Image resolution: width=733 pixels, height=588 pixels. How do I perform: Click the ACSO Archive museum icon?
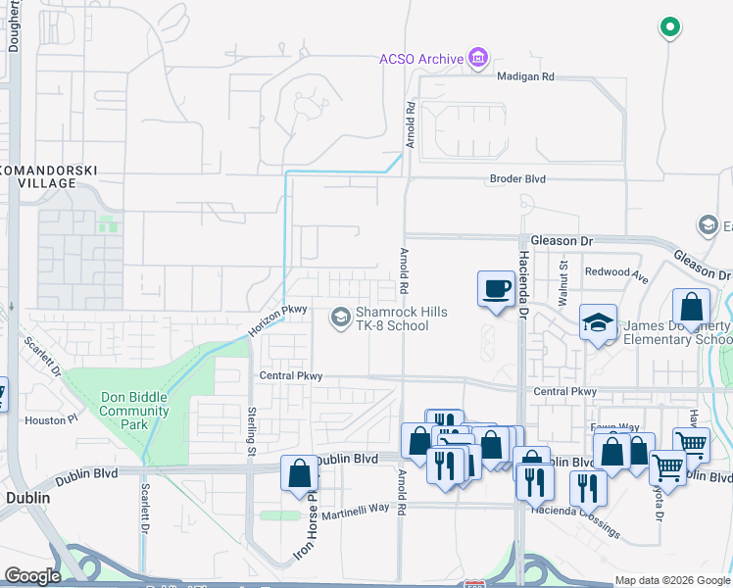pos(476,59)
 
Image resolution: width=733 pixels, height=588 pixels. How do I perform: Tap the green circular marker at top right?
pos(669,27)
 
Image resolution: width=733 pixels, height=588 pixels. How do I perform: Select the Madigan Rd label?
pos(525,76)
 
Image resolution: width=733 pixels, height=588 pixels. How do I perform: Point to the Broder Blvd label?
pos(517,179)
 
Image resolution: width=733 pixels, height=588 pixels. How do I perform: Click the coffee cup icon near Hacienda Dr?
pos(495,288)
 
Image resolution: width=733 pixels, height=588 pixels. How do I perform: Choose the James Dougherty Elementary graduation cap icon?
pos(597,322)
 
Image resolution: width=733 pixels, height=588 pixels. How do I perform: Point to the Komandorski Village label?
pos(48,176)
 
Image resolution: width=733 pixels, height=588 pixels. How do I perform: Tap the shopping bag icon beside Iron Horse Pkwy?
pos(300,473)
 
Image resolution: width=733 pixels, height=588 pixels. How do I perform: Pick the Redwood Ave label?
pos(616,270)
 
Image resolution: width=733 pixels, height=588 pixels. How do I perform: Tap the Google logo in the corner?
pos(33,576)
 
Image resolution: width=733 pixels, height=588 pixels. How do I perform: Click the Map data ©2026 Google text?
pos(673,580)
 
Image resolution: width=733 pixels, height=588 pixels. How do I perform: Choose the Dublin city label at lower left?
pos(27,497)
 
